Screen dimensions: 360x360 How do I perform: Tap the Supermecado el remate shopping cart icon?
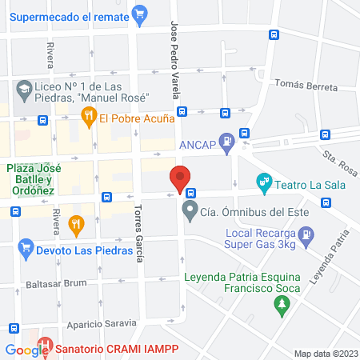tap(140, 13)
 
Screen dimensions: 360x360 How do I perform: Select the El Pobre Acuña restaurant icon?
tap(88, 118)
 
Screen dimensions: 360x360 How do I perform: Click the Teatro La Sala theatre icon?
tap(263, 183)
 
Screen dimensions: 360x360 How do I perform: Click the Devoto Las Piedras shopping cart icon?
tap(26, 250)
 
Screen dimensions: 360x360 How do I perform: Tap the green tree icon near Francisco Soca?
tap(281, 304)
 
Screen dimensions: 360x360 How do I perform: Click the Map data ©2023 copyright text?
tap(325, 353)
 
